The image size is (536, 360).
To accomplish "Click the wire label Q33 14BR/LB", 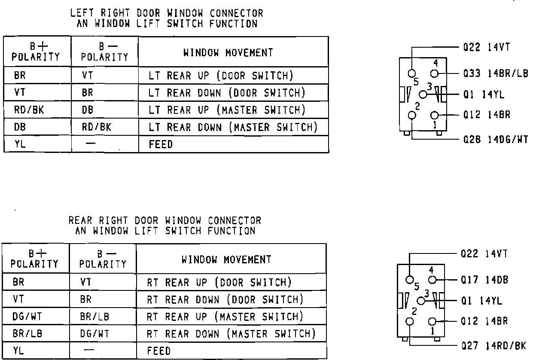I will click(x=496, y=73).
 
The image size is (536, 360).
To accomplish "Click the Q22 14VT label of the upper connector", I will click(x=486, y=47).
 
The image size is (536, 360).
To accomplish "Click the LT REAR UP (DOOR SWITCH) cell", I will click(x=221, y=76).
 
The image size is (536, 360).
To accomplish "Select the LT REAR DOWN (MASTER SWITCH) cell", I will click(x=233, y=127).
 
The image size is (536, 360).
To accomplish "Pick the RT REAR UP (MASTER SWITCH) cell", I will click(x=225, y=317).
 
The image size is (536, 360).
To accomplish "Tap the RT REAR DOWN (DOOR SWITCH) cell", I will click(x=225, y=299).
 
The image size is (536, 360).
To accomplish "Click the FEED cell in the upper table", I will click(x=161, y=145).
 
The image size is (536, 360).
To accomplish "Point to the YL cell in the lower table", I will click(x=19, y=351).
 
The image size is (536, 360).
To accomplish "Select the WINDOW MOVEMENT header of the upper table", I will click(x=228, y=53).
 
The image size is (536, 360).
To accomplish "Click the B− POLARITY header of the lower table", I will click(x=103, y=259).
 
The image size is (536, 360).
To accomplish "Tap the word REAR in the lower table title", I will click(x=80, y=221).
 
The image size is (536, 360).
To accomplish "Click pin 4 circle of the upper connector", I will click(x=435, y=73).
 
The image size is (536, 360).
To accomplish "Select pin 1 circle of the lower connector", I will click(x=432, y=322).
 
